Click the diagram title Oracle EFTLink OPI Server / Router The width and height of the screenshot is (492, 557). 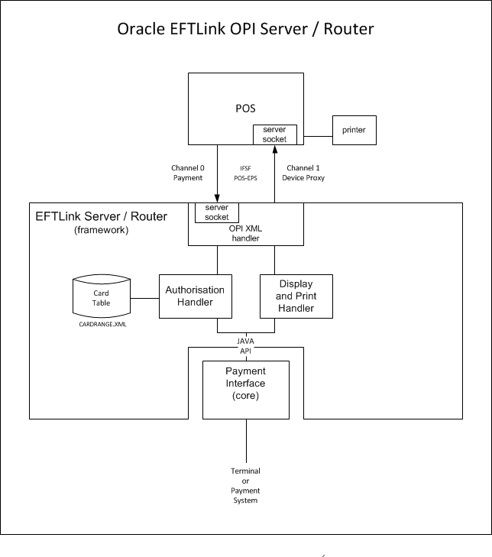point(245,30)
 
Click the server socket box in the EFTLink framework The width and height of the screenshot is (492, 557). point(217,212)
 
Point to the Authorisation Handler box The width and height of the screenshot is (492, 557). point(195,296)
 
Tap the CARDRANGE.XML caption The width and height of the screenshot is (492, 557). point(102,324)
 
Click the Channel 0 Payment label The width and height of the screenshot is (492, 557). point(187,173)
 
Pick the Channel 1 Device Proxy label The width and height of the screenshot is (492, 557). point(306,173)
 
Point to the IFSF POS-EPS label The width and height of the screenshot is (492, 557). point(245,173)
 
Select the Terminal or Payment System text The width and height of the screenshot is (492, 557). point(245,486)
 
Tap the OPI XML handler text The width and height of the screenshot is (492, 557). point(246,233)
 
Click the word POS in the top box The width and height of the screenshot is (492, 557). point(245,108)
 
